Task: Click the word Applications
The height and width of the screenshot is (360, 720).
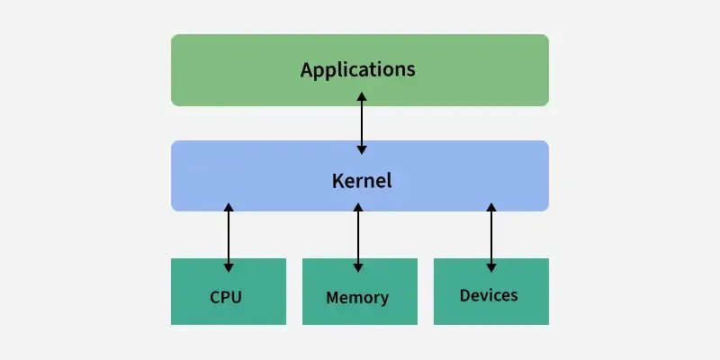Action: [x=358, y=69]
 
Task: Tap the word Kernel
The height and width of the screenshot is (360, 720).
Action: [x=362, y=180]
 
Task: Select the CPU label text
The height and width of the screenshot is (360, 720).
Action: [x=226, y=297]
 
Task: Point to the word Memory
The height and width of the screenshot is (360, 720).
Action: [x=357, y=297]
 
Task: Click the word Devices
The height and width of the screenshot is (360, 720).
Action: [x=489, y=295]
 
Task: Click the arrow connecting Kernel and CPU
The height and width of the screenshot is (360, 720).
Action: [x=229, y=237]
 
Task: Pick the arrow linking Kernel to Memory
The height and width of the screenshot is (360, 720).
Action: [x=358, y=237]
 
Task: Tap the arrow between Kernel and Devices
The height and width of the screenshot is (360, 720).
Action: [x=490, y=237]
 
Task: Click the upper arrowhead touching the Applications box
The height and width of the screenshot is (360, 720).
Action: [x=362, y=95]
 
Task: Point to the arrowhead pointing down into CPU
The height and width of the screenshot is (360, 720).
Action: [x=229, y=266]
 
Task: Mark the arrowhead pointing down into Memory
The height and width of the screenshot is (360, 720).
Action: [x=358, y=266]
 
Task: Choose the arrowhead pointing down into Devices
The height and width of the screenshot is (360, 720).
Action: [x=490, y=266]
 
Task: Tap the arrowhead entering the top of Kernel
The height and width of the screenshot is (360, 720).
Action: [x=362, y=148]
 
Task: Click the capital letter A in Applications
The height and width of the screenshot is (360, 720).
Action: [x=307, y=69]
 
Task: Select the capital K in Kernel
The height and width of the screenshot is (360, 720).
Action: [x=337, y=180]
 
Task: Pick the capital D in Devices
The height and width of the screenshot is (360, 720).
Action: [x=464, y=295]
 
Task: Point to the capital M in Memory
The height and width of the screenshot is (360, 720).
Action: [x=332, y=297]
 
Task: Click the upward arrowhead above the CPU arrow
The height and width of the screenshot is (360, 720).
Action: [x=229, y=208]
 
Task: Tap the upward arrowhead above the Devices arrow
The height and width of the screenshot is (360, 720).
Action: [x=490, y=208]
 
